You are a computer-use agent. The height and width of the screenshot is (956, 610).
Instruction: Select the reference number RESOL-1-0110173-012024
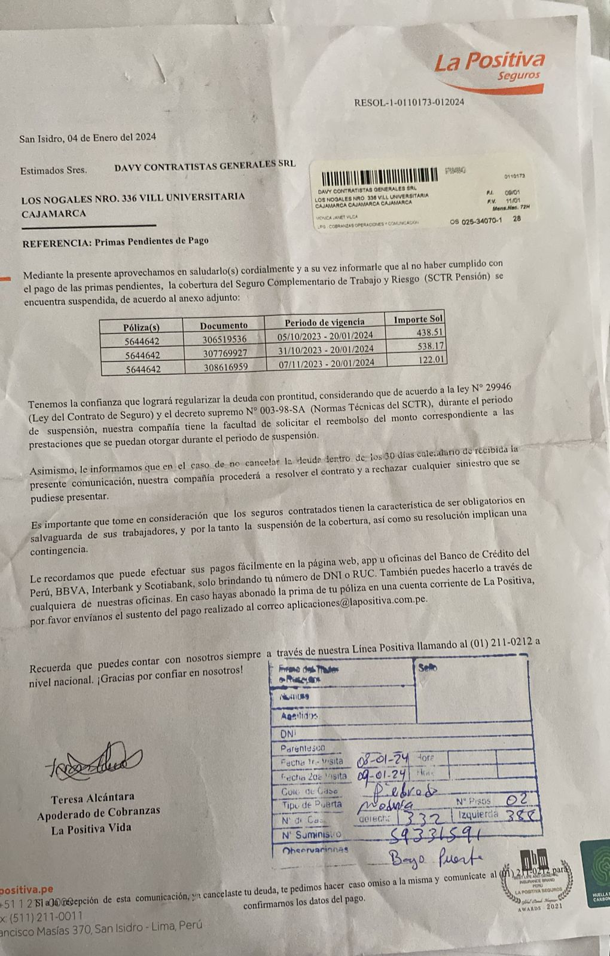tap(409, 102)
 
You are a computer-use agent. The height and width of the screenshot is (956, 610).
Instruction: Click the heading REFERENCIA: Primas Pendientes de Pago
tap(115, 241)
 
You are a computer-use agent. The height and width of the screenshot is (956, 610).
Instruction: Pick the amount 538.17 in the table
tap(430, 346)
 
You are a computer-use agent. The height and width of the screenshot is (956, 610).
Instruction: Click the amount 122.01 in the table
tap(431, 359)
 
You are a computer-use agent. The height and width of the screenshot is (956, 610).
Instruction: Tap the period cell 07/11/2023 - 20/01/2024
tap(327, 363)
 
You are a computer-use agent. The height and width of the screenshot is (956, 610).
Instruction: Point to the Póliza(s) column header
tap(141, 327)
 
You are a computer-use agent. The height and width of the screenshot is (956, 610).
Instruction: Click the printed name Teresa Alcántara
tap(93, 797)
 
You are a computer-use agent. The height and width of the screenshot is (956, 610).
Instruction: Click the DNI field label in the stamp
tap(288, 734)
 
